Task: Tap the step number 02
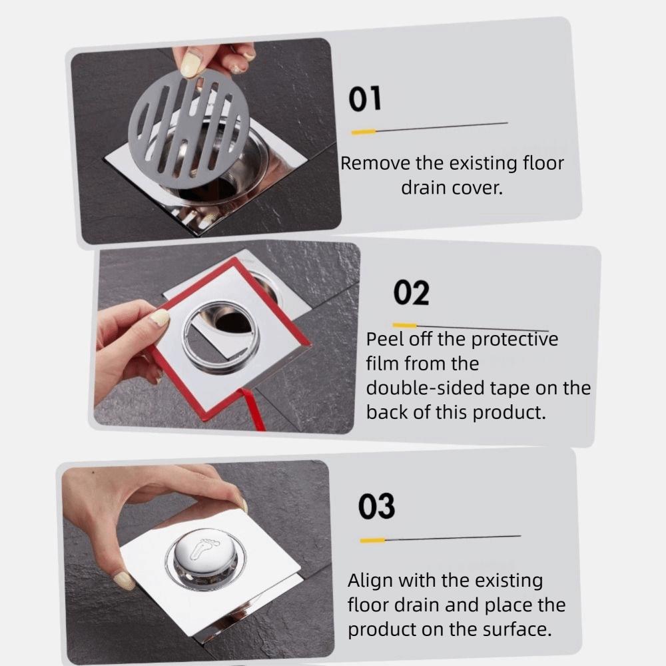click(411, 293)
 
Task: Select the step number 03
click(376, 507)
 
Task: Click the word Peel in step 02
click(382, 339)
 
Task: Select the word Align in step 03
click(370, 581)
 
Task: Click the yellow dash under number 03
click(372, 539)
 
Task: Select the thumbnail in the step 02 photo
click(159, 318)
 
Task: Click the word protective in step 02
click(514, 340)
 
